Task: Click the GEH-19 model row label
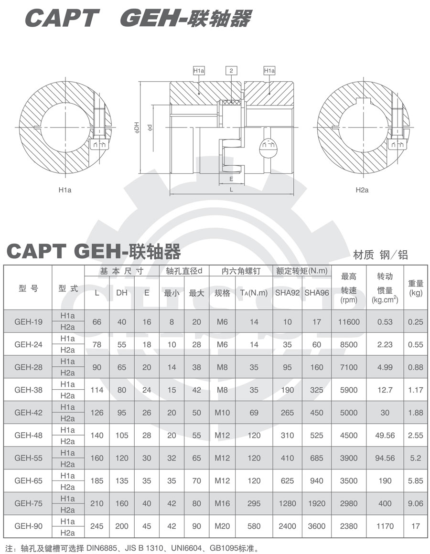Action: pos(28,322)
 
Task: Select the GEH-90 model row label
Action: pos(28,526)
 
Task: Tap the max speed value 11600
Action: pos(349,322)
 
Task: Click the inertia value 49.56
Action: pos(385,436)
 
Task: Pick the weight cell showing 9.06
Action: pos(416,503)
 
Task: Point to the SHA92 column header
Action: pos(287,293)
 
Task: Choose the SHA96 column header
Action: pos(317,293)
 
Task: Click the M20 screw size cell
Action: pos(222,526)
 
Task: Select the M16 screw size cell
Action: pos(222,503)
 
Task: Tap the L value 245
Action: pos(97,526)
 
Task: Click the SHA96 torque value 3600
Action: pos(317,526)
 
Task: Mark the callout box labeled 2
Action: pos(231,71)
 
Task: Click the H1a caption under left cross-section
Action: pos(65,190)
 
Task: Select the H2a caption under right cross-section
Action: pos(362,190)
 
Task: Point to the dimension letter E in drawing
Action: pos(231,179)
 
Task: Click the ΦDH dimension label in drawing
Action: pos(136,127)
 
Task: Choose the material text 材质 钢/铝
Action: pos(380,255)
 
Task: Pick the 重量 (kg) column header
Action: pos(416,288)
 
